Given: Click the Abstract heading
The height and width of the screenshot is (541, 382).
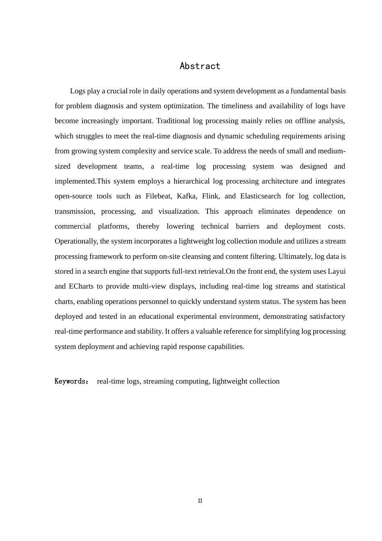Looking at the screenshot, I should click(x=200, y=66).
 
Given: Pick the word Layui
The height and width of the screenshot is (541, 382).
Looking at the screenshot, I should click(x=337, y=271).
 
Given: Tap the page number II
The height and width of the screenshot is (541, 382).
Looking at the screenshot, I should click(x=200, y=501).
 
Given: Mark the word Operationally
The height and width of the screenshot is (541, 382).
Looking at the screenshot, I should click(x=76, y=241).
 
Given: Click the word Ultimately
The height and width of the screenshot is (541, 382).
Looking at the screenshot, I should click(x=295, y=256).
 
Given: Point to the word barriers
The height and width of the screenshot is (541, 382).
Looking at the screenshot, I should click(x=247, y=226).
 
